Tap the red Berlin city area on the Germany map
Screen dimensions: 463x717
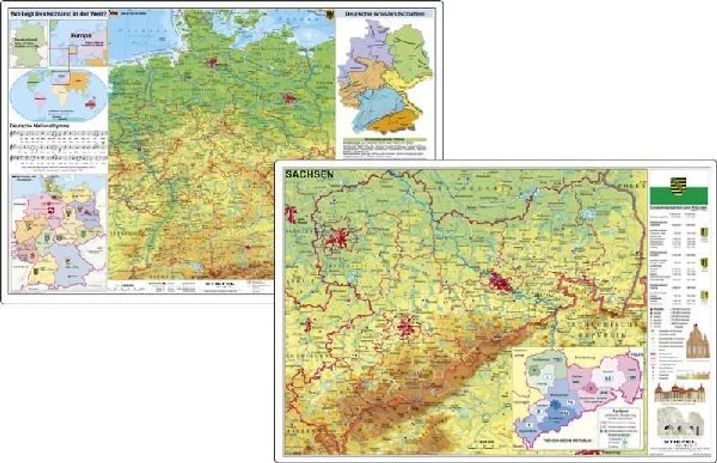(289, 98)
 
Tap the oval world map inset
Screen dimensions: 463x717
(58, 95)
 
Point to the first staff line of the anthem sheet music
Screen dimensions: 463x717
(58, 134)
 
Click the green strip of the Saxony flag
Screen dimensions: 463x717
(679, 196)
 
